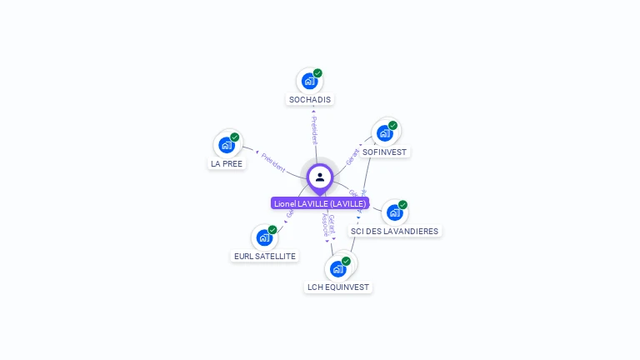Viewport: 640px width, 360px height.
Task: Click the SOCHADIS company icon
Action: click(x=309, y=82)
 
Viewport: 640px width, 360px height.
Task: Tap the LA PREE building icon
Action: click(x=226, y=145)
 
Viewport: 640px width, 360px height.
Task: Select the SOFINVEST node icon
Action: click(x=384, y=133)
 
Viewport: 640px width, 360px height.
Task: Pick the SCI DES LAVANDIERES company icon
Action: click(x=394, y=212)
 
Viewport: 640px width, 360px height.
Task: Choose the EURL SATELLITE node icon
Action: click(x=264, y=237)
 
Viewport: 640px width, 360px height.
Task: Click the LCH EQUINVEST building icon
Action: click(x=337, y=268)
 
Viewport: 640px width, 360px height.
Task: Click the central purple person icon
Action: click(x=320, y=177)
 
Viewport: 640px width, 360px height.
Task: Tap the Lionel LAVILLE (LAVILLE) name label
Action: click(x=320, y=203)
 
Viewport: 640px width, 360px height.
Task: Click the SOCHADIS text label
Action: click(x=310, y=100)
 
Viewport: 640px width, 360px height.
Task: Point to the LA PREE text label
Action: click(x=227, y=164)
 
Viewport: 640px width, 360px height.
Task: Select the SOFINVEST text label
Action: click(x=385, y=152)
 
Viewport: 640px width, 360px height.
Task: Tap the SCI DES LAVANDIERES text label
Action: click(x=394, y=231)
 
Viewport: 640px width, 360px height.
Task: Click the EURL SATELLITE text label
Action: click(x=265, y=257)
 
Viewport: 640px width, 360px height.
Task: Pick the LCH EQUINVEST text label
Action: click(x=338, y=287)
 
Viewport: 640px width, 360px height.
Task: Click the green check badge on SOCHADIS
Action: click(x=317, y=73)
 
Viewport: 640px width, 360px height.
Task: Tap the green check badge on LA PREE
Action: click(x=234, y=137)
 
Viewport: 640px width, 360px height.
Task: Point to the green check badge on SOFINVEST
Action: click(x=392, y=126)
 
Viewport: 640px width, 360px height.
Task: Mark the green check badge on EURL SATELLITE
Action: click(x=272, y=229)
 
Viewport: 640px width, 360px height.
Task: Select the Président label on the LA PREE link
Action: click(x=273, y=162)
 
